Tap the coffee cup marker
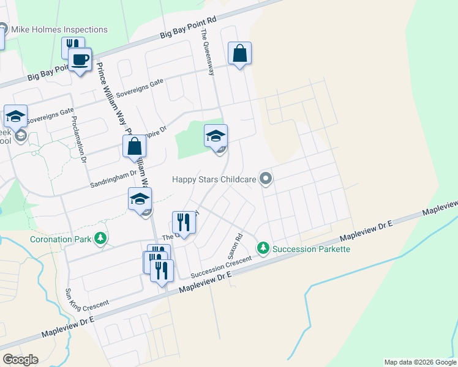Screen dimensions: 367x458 click(x=80, y=60)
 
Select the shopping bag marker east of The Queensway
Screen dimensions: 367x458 click(x=240, y=53)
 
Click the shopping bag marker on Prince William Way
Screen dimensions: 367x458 click(x=135, y=147)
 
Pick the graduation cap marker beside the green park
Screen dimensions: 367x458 click(x=216, y=136)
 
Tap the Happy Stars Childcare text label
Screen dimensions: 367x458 click(x=217, y=179)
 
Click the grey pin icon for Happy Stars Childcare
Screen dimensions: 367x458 click(x=266, y=179)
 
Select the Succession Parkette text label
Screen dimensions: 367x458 click(x=311, y=248)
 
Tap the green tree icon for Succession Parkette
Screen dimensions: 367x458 click(x=263, y=248)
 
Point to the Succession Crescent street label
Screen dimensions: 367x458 click(x=221, y=267)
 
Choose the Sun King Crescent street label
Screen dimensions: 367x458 click(x=88, y=298)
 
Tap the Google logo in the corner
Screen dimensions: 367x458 click(x=20, y=360)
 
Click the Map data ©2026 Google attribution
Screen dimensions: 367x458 click(x=420, y=362)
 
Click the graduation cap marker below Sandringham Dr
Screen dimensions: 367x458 click(x=140, y=199)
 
